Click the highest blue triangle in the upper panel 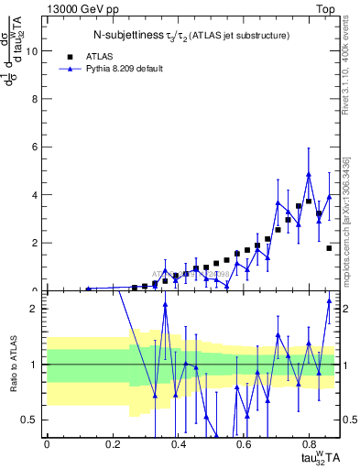click(x=309, y=174)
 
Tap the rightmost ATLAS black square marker click(x=329, y=248)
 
